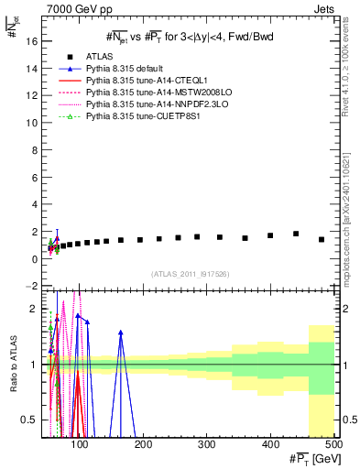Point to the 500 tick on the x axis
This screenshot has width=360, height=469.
[333, 445]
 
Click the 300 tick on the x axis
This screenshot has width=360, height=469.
[207, 445]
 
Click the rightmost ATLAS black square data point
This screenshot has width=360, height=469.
[322, 239]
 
